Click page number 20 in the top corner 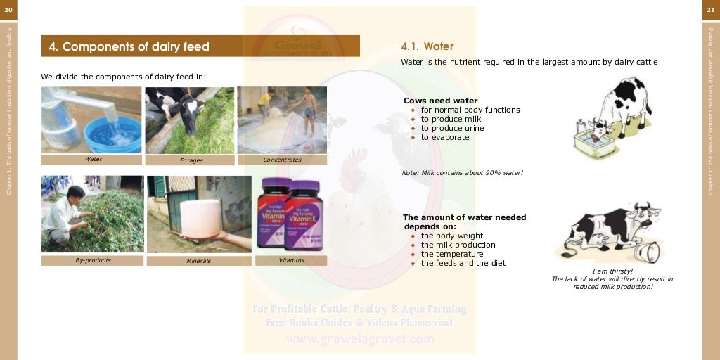tap(8, 9)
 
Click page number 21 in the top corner tap(710, 9)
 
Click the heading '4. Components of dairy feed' tap(129, 47)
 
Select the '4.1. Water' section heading tap(427, 46)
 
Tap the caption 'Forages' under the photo tap(191, 160)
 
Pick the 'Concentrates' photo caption tap(282, 160)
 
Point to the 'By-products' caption tap(93, 260)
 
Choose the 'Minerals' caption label tap(198, 261)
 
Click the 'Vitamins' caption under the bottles tap(291, 260)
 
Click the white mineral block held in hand tap(200, 218)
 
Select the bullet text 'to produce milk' tap(451, 119)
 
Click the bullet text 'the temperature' tap(452, 254)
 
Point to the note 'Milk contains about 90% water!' tap(462, 173)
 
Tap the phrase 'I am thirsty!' tap(612, 271)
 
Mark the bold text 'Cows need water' tap(440, 101)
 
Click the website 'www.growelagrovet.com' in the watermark tap(360, 339)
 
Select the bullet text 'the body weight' tap(452, 236)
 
